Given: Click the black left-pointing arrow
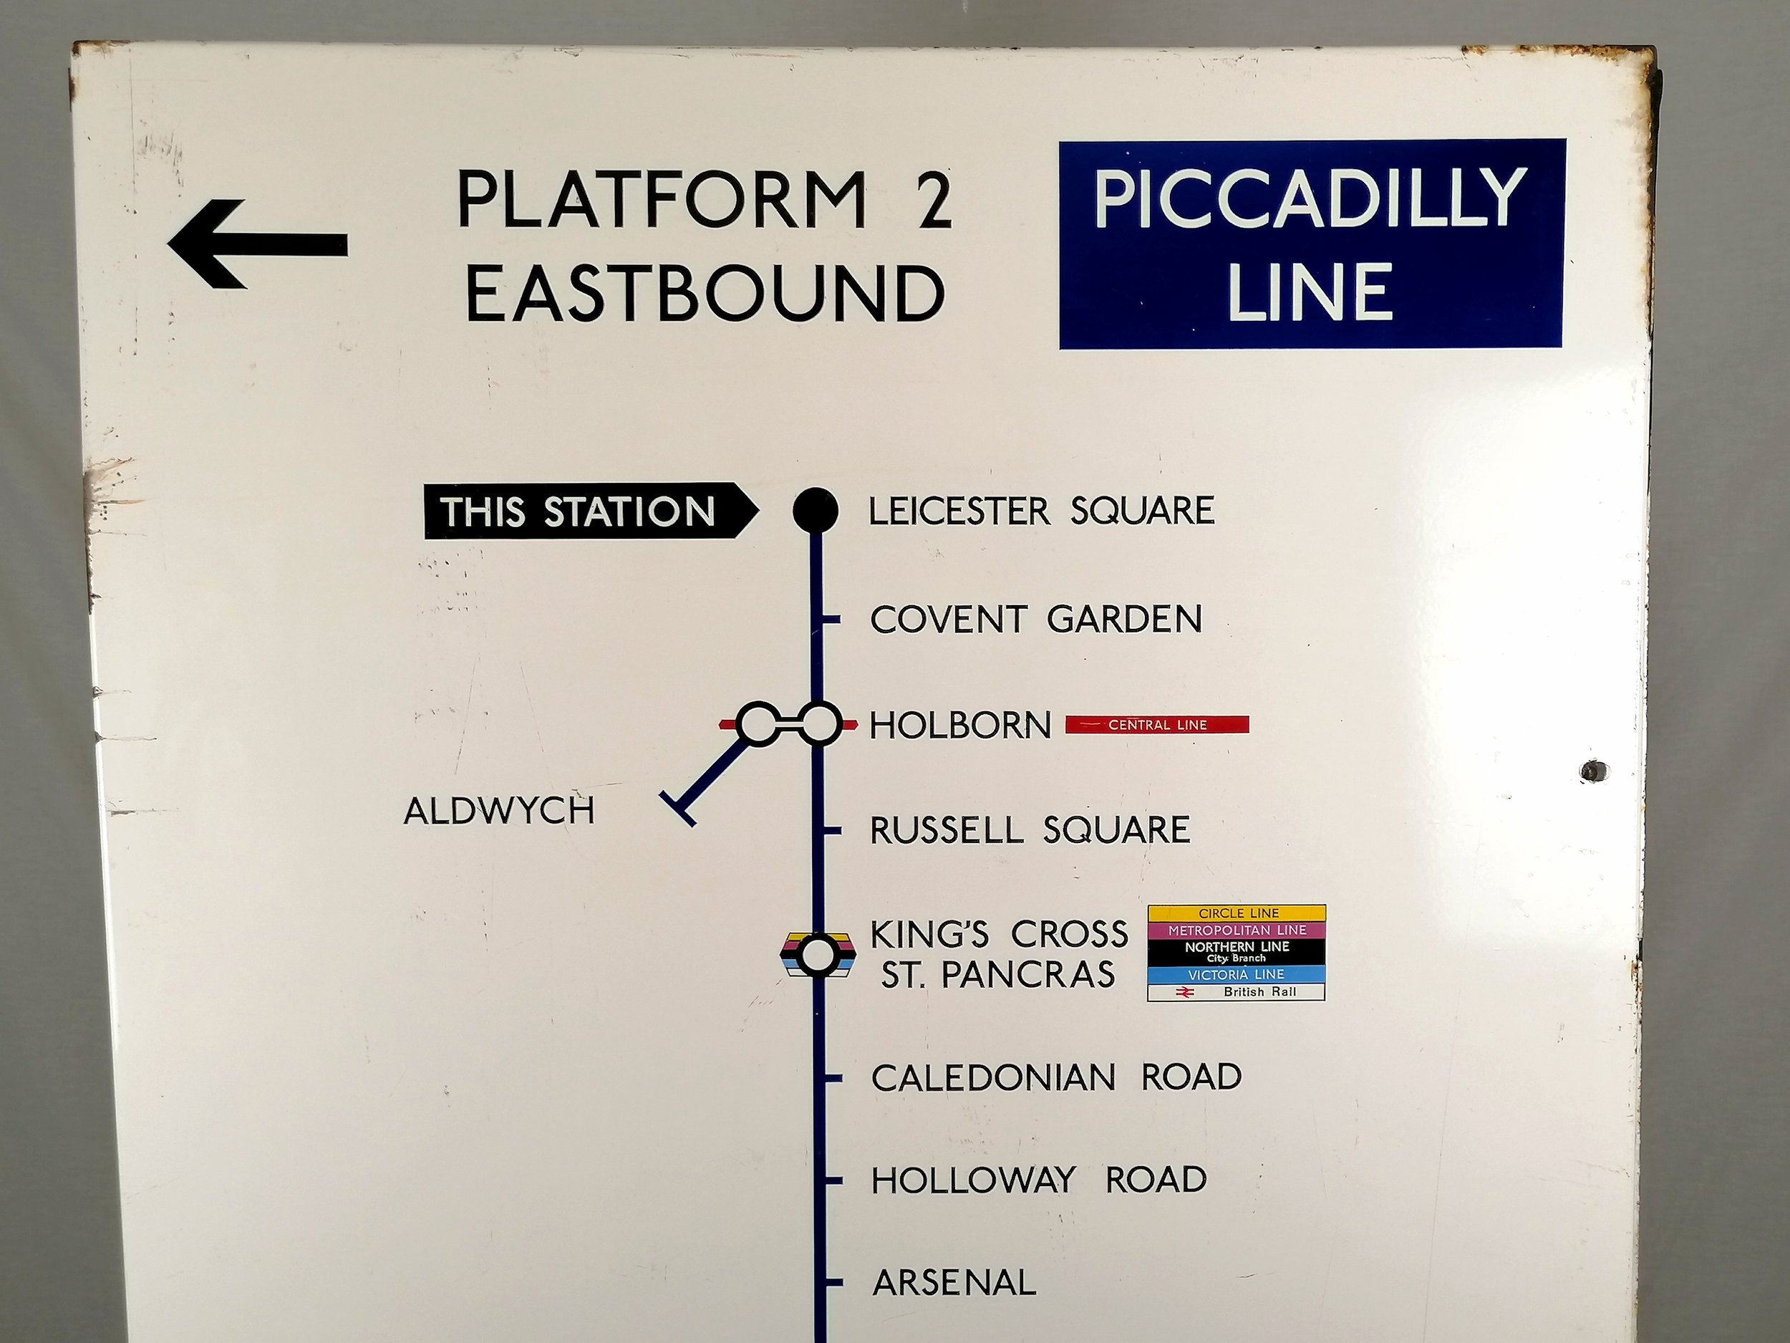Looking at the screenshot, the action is point(257,244).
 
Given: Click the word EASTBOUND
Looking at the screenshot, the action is point(706,292).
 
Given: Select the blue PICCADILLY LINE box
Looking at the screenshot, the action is point(1312,244).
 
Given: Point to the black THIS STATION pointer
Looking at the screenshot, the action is point(589,511).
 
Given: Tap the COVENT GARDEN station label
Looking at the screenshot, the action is point(1036,620).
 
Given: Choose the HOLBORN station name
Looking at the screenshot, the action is point(959,726).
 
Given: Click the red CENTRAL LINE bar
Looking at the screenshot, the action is point(1156,725).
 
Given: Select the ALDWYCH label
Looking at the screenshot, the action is point(499,811).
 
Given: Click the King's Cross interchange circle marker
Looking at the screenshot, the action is point(818,956).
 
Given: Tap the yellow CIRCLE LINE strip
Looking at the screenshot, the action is point(1237,913).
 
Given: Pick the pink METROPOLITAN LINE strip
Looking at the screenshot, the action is point(1237,930).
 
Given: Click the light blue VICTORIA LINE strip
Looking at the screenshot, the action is point(1237,975).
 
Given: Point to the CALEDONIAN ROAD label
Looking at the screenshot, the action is point(1056,1077).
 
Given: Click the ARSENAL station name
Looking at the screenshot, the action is point(954,1282).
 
